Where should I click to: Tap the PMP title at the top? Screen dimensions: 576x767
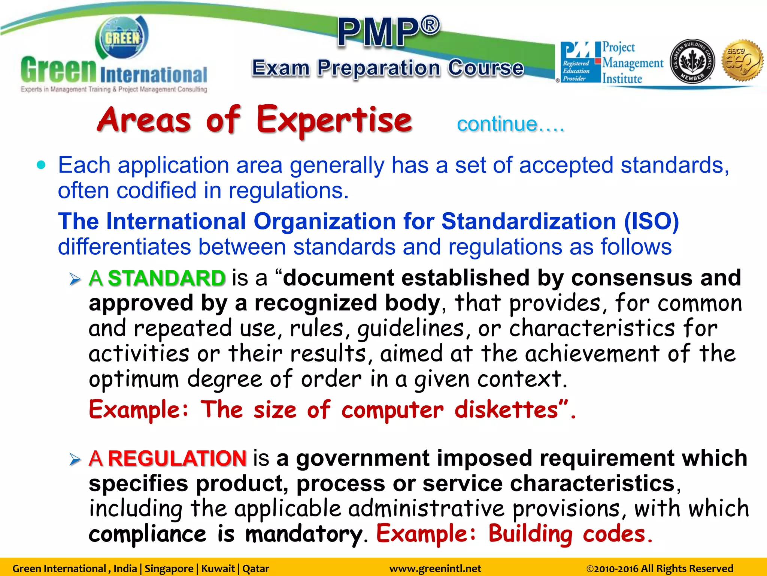coord(388,32)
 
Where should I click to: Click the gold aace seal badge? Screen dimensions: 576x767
coord(742,61)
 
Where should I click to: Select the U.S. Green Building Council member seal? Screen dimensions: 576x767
coord(692,61)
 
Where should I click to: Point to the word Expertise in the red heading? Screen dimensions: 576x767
coord(334,120)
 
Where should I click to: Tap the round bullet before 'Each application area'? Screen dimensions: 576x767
coord(41,165)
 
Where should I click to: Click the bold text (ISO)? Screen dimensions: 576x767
coord(651,221)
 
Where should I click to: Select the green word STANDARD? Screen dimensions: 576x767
coord(167,278)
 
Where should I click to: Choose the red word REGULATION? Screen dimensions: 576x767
coord(177,458)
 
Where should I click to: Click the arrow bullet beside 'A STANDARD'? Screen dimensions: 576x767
coord(75,279)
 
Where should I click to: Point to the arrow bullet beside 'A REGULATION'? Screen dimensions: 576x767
coord(75,459)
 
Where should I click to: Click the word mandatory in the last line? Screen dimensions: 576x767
coord(303,534)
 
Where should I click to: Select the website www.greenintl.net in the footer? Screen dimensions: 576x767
coord(435,568)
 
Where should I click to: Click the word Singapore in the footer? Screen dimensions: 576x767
coord(169,568)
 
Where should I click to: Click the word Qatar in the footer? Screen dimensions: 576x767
coord(256,568)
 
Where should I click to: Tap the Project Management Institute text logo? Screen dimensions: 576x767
coord(632,63)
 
